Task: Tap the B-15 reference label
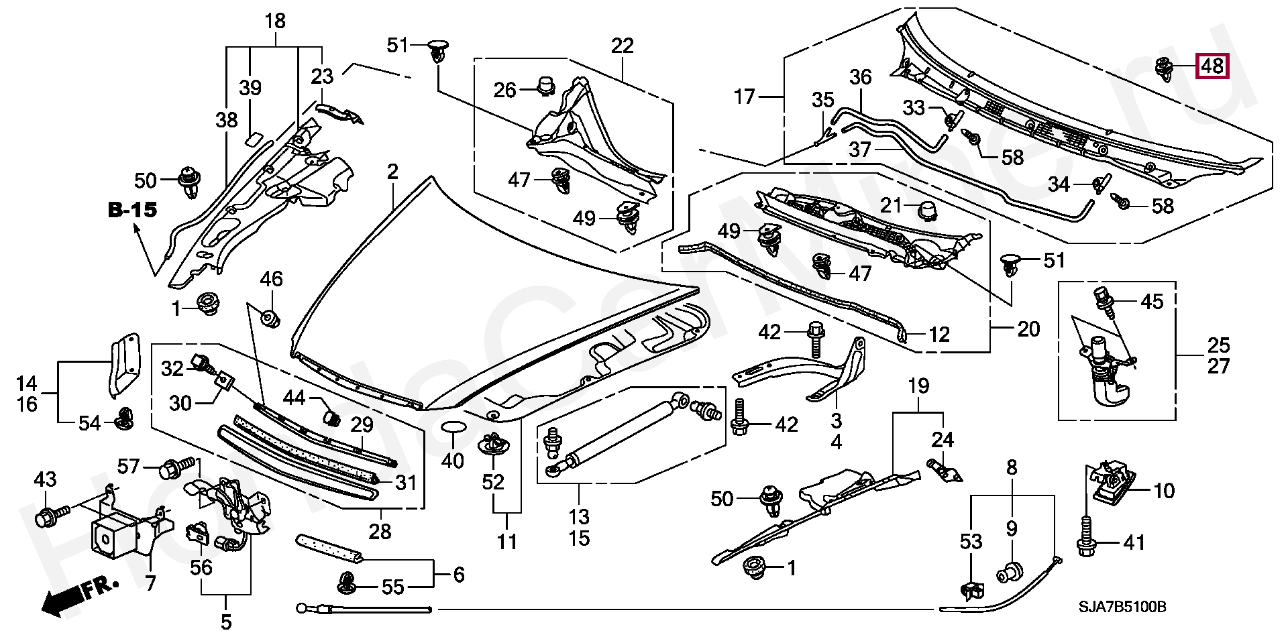(133, 210)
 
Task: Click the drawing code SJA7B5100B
(1122, 607)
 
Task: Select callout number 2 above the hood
(392, 172)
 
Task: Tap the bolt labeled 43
(51, 515)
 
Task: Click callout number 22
(622, 46)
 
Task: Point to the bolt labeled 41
(1085, 542)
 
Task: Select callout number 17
(745, 97)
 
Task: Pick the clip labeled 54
(123, 418)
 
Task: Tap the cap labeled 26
(547, 86)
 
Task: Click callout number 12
(939, 334)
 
